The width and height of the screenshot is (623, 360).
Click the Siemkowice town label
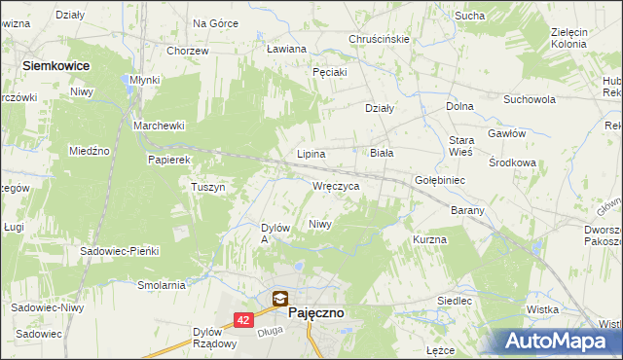pos(55,64)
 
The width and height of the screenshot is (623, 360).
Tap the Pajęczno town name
pos(315,313)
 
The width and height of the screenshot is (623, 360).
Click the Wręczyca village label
pos(337,185)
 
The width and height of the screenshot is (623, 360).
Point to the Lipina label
pos(311,154)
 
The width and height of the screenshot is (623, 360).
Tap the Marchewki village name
pos(159,126)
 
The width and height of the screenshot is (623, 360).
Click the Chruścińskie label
pos(379,39)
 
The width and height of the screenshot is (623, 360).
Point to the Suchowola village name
pos(529,99)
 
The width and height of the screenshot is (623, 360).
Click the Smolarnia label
pos(162,285)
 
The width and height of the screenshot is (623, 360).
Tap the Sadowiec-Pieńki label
pos(119,250)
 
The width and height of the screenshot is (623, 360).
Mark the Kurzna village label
pos(429,238)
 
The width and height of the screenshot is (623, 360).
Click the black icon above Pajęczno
pos(280,300)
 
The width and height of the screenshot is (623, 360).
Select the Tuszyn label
pos(208,187)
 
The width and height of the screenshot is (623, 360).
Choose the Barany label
pos(467,210)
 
